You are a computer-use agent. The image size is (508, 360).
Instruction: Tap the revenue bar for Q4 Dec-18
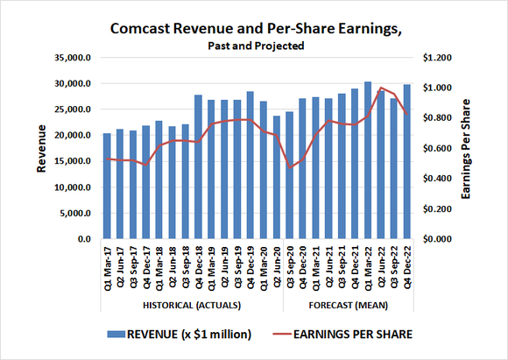(199, 166)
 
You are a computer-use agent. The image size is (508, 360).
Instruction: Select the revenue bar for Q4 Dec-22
(407, 162)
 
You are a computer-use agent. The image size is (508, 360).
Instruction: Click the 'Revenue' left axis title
(40, 148)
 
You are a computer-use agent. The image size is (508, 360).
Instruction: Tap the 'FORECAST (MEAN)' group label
(348, 305)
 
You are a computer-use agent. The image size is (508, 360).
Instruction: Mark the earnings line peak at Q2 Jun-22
(381, 88)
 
